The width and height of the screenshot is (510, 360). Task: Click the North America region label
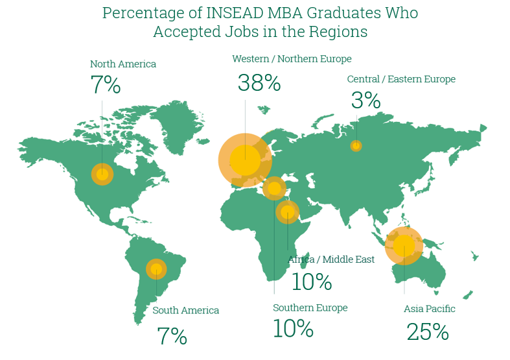122,64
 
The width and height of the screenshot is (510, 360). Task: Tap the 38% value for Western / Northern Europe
259,83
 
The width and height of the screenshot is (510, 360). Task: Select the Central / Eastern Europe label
401,79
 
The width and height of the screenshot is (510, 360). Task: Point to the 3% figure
365,100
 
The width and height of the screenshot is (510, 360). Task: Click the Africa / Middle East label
331,259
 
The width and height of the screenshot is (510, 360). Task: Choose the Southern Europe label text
310,307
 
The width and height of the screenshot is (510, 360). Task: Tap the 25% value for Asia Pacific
428,332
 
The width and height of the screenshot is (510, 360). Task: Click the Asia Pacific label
429,309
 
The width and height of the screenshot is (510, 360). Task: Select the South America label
185,311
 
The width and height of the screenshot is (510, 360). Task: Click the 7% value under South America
172,335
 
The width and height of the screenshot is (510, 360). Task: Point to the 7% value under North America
106,84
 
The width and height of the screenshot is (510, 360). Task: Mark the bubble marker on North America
102,174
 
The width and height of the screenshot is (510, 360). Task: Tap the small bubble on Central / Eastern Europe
356,146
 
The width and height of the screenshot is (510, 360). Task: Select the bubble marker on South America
156,269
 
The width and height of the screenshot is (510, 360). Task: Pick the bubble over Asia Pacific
404,246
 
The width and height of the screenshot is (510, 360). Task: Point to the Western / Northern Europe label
292,59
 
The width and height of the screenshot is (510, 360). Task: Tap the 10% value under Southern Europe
293,329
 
